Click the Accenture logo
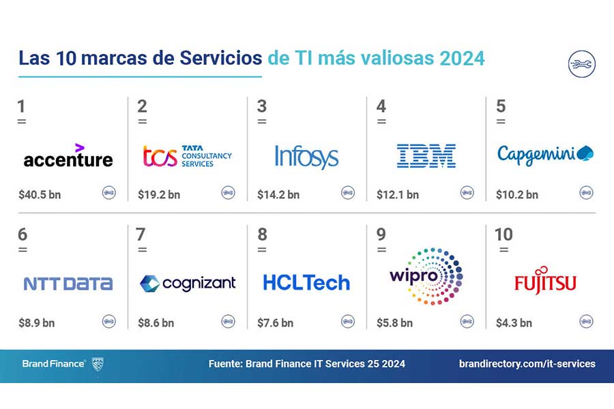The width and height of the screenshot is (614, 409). point(68,156)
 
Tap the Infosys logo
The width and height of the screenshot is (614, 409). point(306,157)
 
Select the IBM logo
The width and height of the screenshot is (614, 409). point(426,156)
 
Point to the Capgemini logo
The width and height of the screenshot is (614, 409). point(546,155)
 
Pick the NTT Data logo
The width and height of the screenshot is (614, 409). point(68,284)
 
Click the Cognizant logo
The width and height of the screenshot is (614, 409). point(188,284)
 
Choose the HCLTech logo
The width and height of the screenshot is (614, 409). point(306,283)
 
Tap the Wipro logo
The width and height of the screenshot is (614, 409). point(426,276)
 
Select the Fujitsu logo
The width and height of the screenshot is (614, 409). point(546,280)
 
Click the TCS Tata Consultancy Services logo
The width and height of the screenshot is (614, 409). point(188,156)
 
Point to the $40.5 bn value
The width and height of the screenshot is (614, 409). point(40,194)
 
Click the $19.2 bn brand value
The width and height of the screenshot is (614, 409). point(159,194)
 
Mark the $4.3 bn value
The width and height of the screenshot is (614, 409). point(514,323)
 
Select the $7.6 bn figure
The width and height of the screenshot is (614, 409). point(276,323)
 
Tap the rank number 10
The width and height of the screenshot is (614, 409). point(503,234)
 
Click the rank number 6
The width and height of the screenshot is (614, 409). point(23,234)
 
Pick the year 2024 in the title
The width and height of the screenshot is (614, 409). point(462,59)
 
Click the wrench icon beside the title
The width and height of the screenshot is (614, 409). point(582,64)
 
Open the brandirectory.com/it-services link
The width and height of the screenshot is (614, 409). point(527,363)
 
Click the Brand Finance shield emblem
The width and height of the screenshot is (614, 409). point(98,364)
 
